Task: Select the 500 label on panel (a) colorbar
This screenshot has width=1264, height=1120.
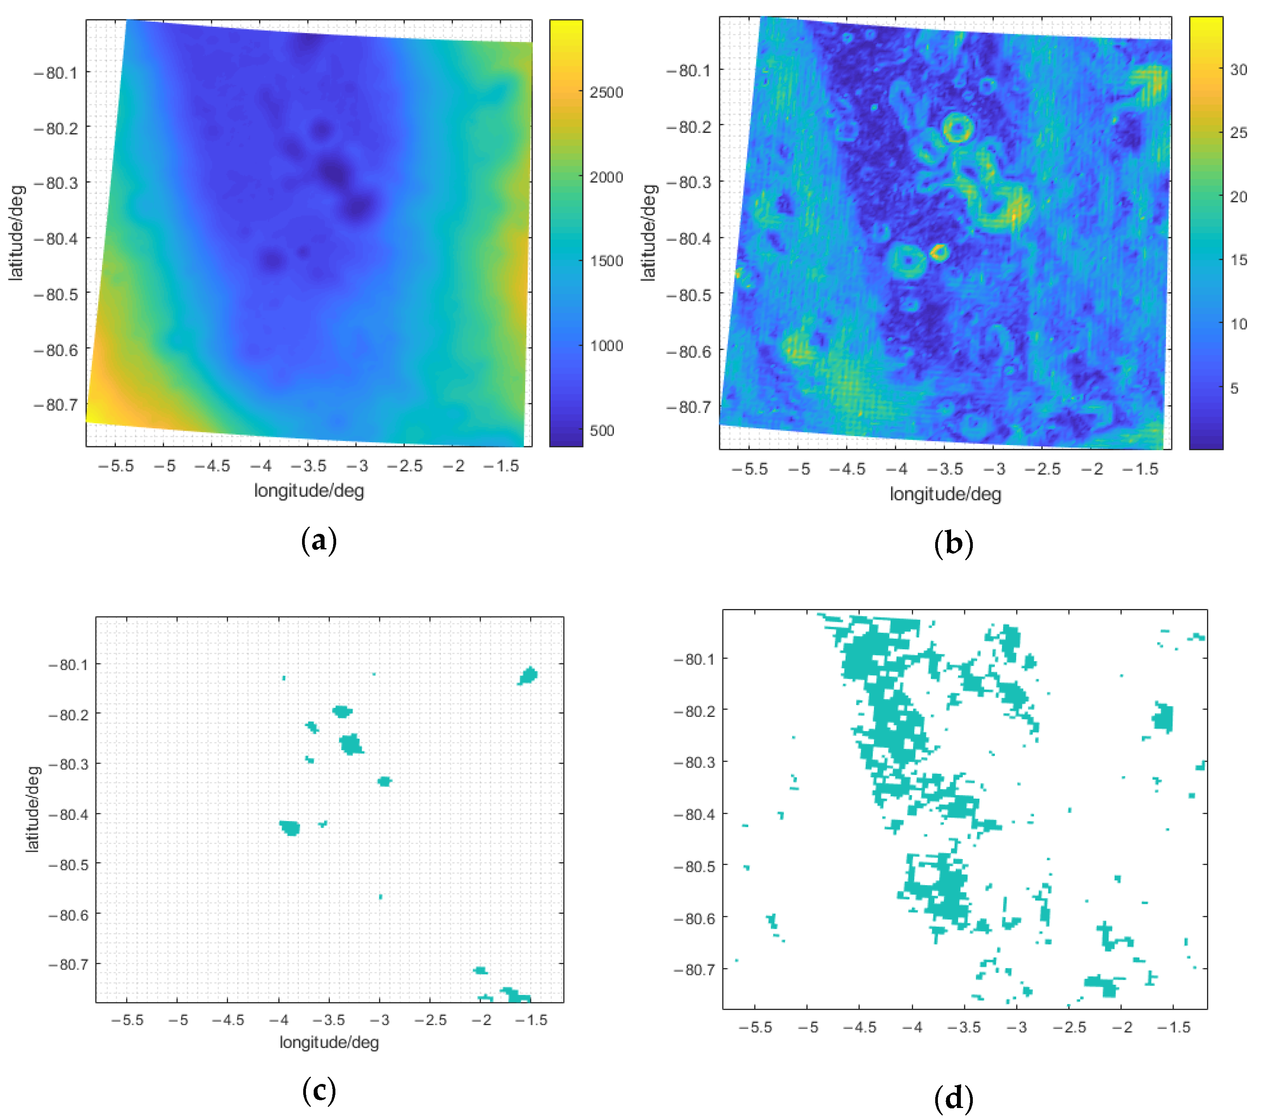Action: (x=602, y=430)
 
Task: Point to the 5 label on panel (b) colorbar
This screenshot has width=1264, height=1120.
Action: (x=1234, y=388)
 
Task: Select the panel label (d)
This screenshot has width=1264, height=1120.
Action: (x=953, y=1098)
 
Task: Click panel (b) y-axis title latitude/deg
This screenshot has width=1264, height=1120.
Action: (x=648, y=233)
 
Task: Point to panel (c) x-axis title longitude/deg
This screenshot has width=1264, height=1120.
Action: (x=329, y=1043)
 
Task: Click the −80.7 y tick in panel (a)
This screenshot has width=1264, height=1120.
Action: (x=56, y=405)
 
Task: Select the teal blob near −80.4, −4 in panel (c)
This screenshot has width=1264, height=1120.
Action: (x=289, y=827)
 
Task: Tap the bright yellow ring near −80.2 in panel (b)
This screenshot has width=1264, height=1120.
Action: (x=957, y=128)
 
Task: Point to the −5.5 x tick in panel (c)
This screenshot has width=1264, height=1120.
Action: (x=128, y=1020)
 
